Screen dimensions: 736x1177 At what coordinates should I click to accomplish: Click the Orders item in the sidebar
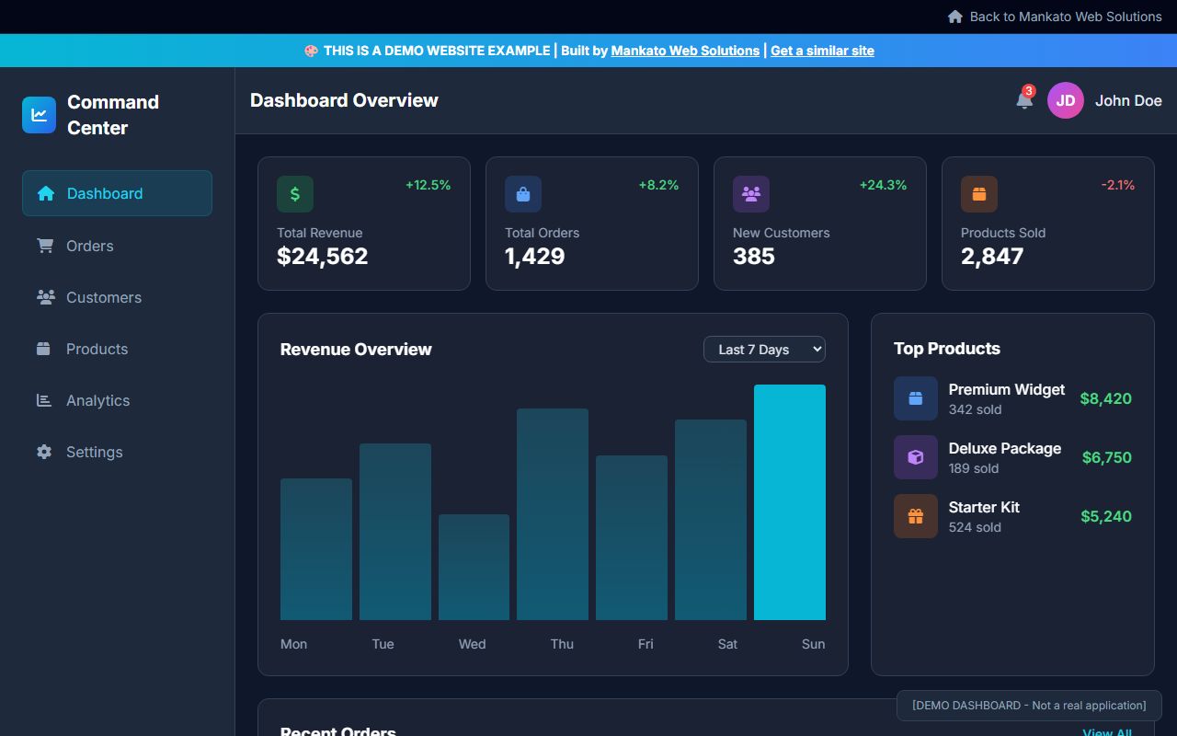point(89,246)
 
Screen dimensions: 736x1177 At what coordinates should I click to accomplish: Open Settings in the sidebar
point(94,452)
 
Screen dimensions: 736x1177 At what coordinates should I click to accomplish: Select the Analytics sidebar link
point(97,400)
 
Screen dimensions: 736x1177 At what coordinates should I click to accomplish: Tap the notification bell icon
point(1024,100)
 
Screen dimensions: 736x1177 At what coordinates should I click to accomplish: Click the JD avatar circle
point(1065,100)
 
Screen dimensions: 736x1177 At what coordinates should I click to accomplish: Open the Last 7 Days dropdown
point(764,350)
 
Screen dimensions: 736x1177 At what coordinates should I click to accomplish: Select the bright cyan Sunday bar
point(789,502)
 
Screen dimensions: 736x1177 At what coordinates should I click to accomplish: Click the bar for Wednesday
point(474,567)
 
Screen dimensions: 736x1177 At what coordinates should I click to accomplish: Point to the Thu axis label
point(562,644)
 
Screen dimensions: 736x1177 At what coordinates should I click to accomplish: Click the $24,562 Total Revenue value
point(323,257)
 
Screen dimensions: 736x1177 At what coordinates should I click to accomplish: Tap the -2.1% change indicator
point(1117,185)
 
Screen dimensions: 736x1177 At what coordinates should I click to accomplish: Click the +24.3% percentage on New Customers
point(883,185)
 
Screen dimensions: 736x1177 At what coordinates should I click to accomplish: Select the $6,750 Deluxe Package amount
point(1106,457)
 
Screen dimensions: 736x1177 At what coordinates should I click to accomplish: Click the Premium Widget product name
point(1006,389)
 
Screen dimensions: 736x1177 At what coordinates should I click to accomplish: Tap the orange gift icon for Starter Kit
point(915,516)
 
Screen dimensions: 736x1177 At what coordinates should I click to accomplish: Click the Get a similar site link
point(822,51)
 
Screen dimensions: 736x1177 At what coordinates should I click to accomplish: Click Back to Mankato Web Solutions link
point(1065,17)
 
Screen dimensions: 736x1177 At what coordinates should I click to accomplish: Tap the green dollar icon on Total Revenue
point(295,194)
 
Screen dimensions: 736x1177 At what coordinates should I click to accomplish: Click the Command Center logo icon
point(40,115)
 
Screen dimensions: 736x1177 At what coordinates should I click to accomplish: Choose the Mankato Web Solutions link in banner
point(685,51)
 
